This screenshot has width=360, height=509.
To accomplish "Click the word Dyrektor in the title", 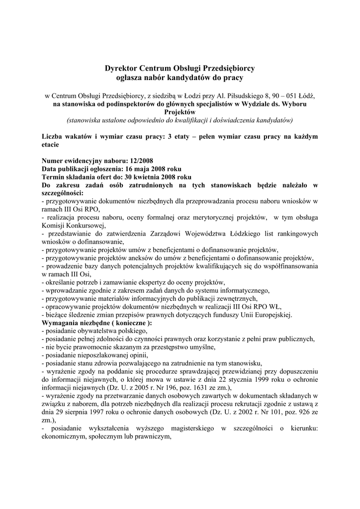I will pos(122,68).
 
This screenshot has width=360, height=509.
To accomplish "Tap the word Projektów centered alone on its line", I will pos(180,112).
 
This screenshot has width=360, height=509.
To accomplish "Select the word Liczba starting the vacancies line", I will pos(54,137).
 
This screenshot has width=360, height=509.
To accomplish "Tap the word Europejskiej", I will pos(270,315).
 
